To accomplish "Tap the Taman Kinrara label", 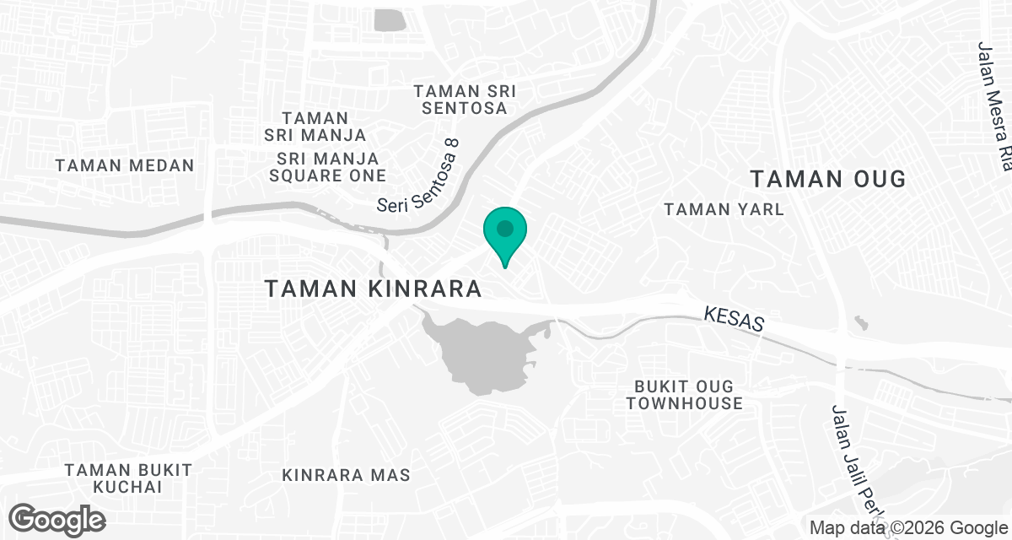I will (x=373, y=289).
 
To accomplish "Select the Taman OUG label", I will (x=827, y=179).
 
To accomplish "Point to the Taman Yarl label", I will (x=724, y=209).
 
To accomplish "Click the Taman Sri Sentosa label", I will (x=465, y=100).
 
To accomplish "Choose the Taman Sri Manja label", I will (x=315, y=127).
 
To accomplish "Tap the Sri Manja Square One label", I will (x=327, y=167).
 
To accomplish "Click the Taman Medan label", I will (x=125, y=165).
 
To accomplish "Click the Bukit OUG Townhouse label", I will (x=684, y=394).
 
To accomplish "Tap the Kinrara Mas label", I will (x=347, y=475).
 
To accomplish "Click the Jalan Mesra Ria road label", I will (x=996, y=105).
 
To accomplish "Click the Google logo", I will (x=57, y=520).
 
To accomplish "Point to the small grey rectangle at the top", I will (x=389, y=20).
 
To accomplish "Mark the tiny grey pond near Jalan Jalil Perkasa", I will (x=859, y=322).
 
